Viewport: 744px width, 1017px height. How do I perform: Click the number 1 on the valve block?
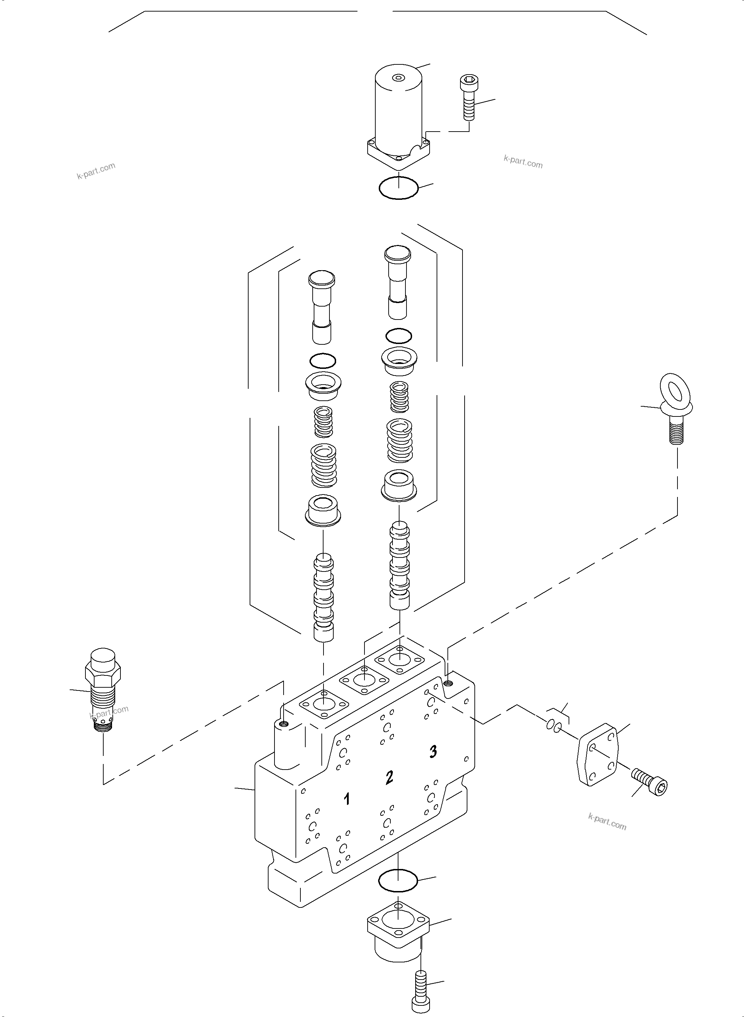347,799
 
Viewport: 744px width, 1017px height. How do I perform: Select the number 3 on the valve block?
433,751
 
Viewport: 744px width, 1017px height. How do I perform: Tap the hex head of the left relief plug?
103,673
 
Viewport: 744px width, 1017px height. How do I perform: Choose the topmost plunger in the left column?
321,304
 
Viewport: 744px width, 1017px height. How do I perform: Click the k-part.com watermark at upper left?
96,171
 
